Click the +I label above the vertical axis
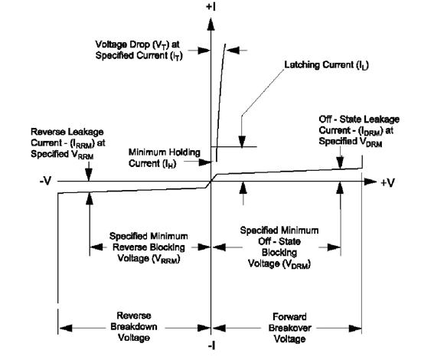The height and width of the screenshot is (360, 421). pos(211,7)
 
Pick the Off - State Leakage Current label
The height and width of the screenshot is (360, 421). pos(355,133)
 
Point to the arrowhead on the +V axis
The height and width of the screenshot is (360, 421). pos(371,182)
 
